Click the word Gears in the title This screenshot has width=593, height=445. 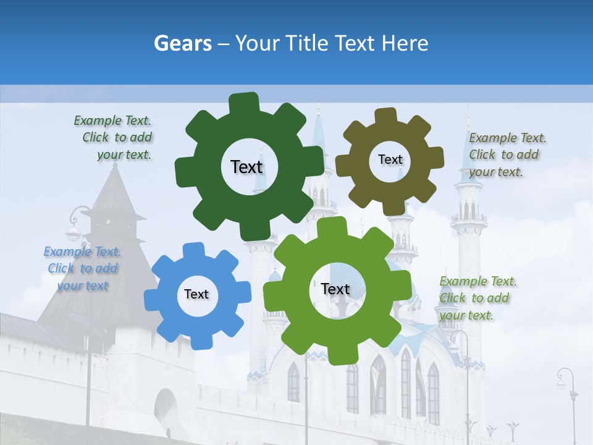[182, 44]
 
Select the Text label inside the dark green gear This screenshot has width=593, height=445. [246, 167]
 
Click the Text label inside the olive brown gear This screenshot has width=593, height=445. [390, 159]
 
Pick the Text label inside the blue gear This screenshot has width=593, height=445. [196, 294]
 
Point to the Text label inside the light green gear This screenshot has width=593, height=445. [335, 289]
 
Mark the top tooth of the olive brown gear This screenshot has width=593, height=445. [385, 116]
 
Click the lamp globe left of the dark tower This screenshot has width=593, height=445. [74, 233]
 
